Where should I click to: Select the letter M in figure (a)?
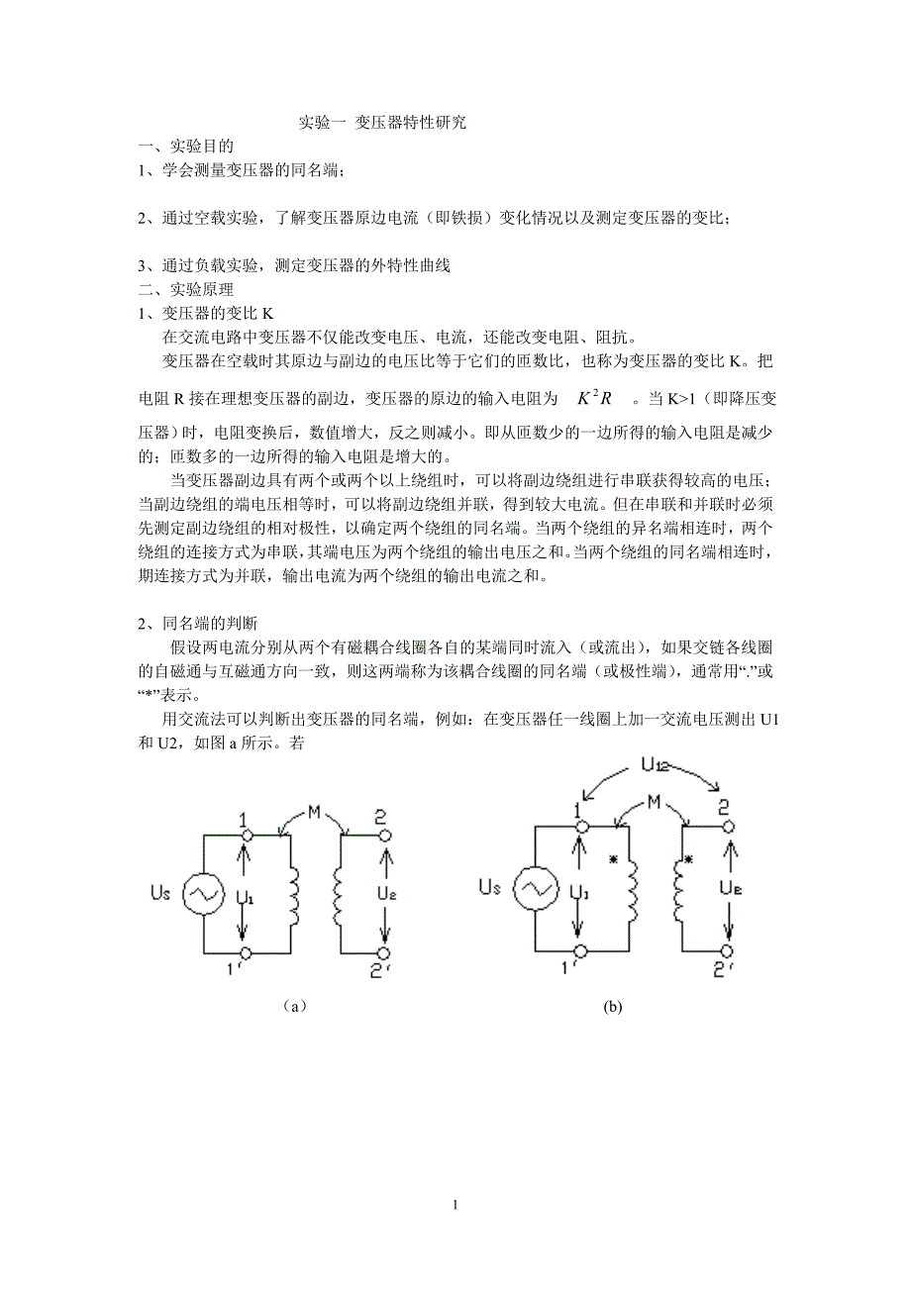pyautogui.click(x=313, y=813)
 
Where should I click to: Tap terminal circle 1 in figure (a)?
pyautogui.click(x=246, y=836)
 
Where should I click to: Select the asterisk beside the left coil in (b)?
pyautogui.click(x=614, y=860)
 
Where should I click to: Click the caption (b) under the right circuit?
pyautogui.click(x=613, y=1007)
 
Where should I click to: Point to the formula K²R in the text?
pyautogui.click(x=594, y=398)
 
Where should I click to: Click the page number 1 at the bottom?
pyautogui.click(x=455, y=1205)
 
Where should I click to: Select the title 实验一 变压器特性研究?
pyautogui.click(x=382, y=124)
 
